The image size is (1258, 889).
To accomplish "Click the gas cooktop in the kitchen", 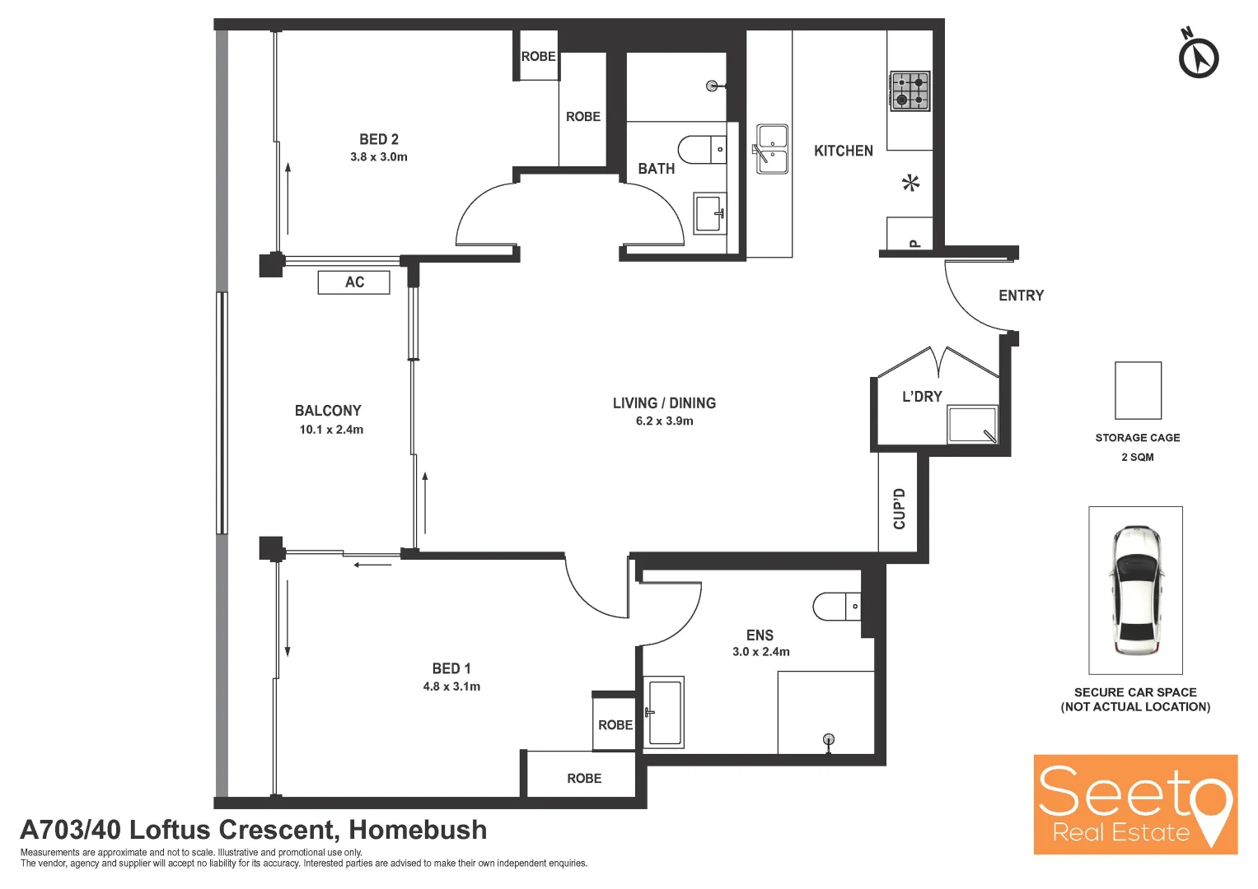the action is coord(910,91).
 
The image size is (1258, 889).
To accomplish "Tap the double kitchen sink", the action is coord(771,149).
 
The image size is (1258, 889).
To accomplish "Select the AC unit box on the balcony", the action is coord(353,282).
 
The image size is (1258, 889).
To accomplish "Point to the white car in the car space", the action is coord(1135,590).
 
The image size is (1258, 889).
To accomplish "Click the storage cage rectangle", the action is coord(1138,391).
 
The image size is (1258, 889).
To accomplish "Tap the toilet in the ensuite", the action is coord(837,606).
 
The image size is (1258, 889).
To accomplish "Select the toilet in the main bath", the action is coord(702,149).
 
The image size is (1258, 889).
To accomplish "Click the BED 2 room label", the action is coord(379,139).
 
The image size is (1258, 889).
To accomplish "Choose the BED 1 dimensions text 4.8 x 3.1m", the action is coord(451,687).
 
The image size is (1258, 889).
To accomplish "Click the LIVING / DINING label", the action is coord(664,403).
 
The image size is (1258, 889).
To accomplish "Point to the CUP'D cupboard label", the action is coord(899,509).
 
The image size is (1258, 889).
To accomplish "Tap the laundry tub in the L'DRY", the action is coord(973,424).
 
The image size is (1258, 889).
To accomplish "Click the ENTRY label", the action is coord(1021,296).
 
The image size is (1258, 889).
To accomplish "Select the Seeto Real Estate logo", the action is coord(1135,804).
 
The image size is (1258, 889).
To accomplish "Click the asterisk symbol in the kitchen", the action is coord(911,183).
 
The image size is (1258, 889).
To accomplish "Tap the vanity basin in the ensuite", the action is coord(664,712).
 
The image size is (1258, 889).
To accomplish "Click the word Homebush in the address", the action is coord(418,830).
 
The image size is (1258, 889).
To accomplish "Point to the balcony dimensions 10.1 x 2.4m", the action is coord(331,430).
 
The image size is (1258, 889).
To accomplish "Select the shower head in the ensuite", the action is coord(829,740).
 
